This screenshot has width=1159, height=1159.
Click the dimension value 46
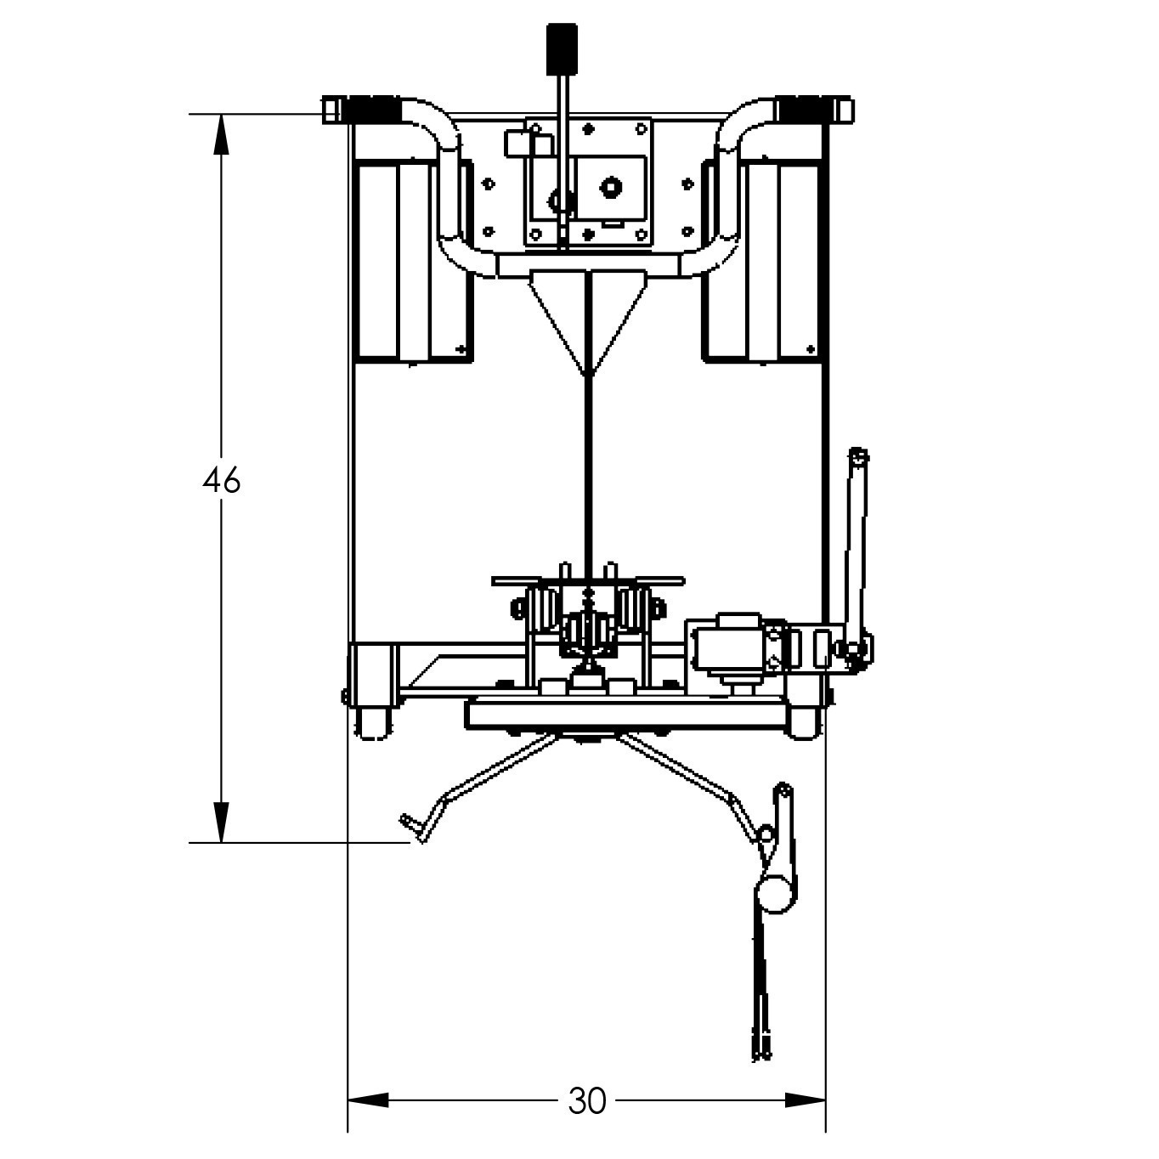tap(222, 481)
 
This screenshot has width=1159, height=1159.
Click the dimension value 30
tap(587, 1101)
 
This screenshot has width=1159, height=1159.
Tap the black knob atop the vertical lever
tap(562, 49)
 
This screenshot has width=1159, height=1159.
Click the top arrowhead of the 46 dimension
tap(222, 133)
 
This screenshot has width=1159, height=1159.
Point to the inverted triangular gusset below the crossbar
tap(587, 314)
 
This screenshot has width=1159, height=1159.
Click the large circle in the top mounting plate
tap(608, 186)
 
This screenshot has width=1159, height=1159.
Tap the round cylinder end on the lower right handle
tap(776, 894)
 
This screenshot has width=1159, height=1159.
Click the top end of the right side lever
tap(859, 456)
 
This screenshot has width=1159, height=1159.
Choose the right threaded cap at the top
tap(800, 110)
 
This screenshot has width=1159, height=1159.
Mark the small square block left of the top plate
tap(517, 143)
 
